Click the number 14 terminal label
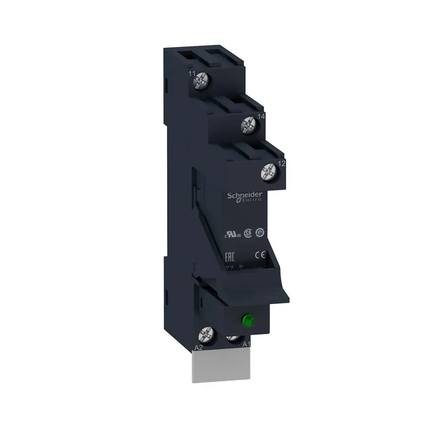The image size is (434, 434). coord(261,116)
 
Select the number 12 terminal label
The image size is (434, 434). coord(281,164)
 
